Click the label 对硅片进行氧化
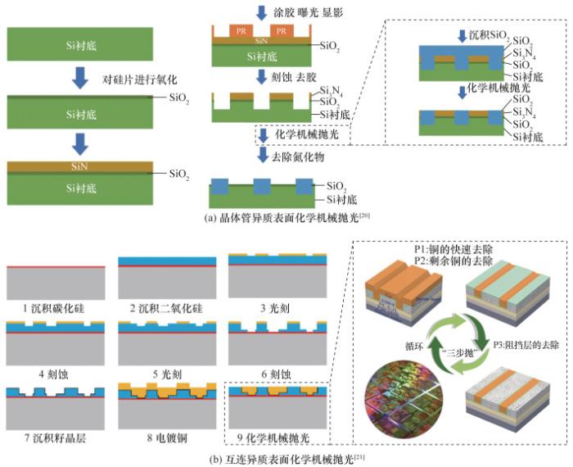(x=144, y=80)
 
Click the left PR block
(x=241, y=30)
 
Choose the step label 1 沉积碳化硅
(x=55, y=308)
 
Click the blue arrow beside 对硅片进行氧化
(x=79, y=79)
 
